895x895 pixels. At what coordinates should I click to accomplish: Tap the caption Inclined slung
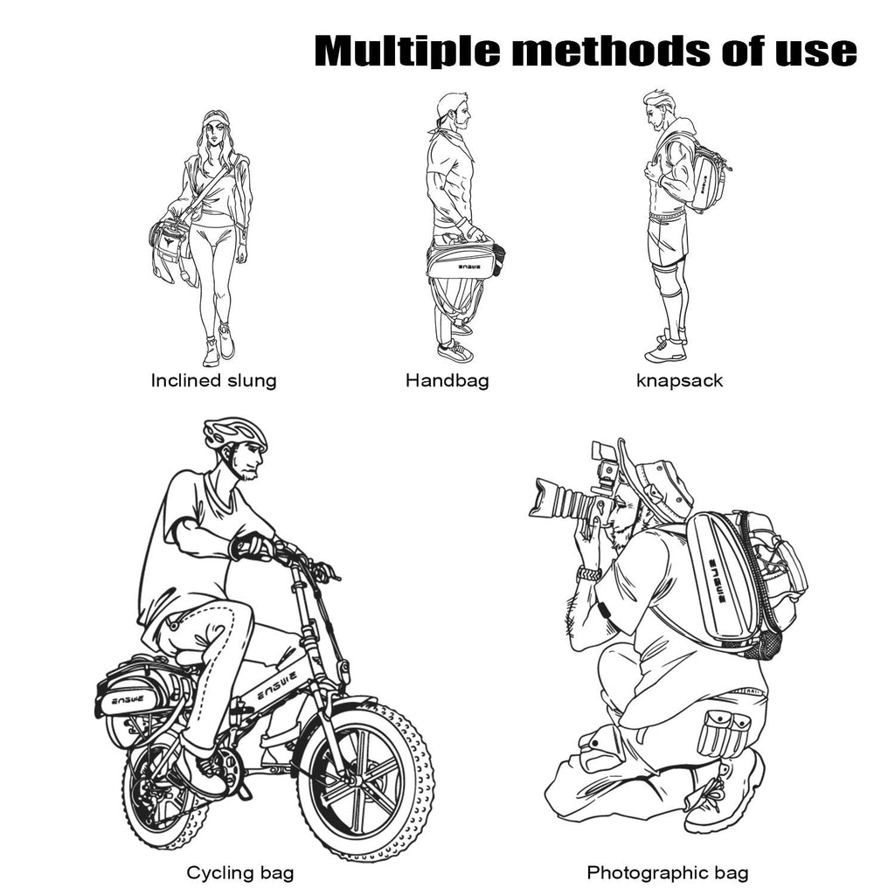pos(213,381)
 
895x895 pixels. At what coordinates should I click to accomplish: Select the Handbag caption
pos(447,381)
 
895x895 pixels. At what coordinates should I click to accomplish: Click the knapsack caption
pos(679,381)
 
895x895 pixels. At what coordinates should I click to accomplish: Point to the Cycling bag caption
pos(239,872)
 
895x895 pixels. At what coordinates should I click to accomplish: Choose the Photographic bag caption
pos(667,872)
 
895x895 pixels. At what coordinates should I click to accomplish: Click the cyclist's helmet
pos(235,434)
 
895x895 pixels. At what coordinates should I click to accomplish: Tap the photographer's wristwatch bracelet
pos(589,573)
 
